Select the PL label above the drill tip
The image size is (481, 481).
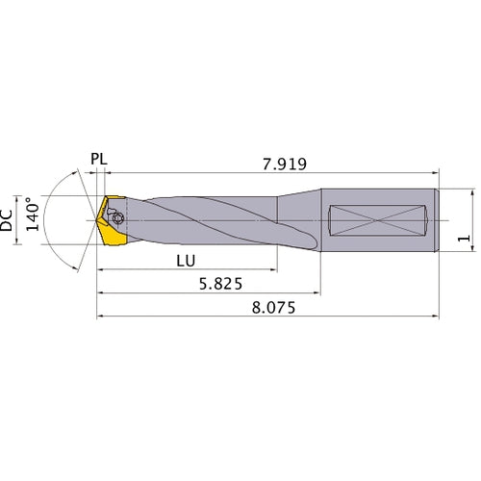(99, 158)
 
